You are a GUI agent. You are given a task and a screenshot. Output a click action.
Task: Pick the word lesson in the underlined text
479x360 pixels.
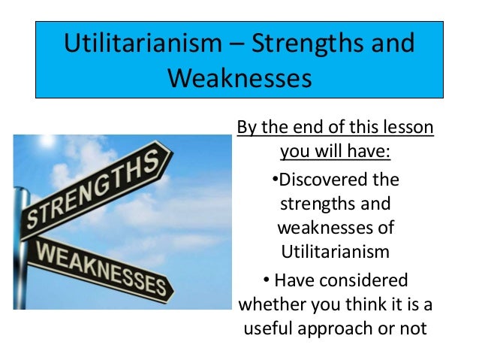(408, 127)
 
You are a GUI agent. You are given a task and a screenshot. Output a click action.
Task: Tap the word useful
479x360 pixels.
(272, 329)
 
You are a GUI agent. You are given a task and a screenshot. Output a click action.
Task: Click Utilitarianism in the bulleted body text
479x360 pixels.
(335, 251)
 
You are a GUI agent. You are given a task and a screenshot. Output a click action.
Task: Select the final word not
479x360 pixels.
(414, 329)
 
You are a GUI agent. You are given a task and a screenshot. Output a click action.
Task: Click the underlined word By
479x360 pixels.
(247, 127)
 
